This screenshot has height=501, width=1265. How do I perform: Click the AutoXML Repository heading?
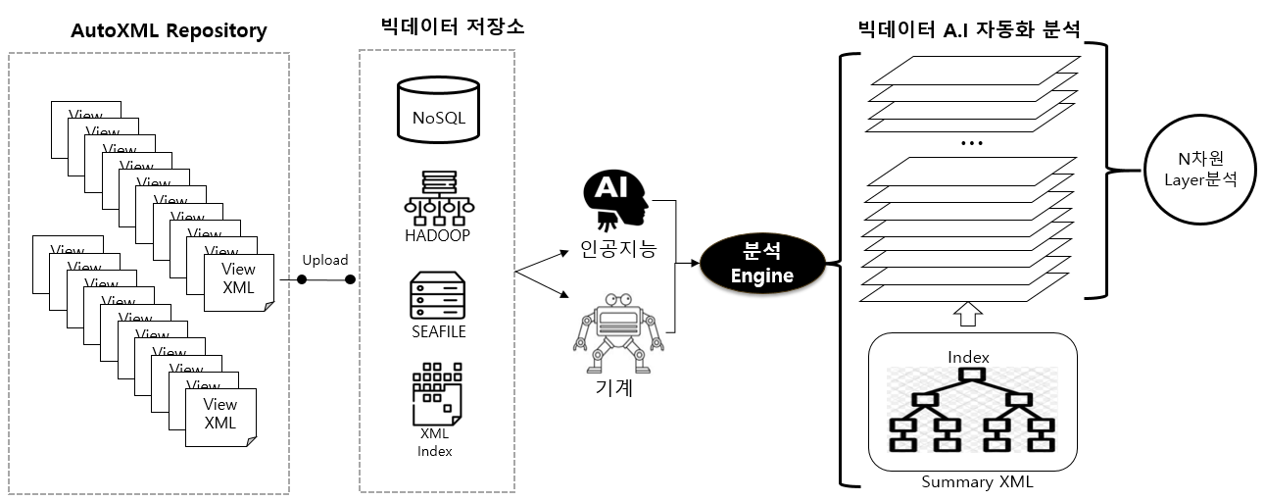(169, 30)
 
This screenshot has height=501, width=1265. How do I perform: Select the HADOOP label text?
(437, 235)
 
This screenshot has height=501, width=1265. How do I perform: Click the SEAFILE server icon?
(438, 294)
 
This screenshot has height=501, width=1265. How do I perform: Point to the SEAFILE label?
(438, 331)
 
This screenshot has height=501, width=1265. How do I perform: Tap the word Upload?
(324, 260)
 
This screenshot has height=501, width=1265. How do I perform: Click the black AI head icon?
(613, 200)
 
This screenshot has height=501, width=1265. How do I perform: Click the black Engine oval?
(761, 264)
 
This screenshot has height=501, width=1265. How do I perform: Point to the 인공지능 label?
(617, 250)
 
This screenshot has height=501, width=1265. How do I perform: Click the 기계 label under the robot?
(614, 388)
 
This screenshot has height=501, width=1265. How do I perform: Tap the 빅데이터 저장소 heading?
(452, 27)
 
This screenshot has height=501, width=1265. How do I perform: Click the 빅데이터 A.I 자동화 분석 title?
(967, 28)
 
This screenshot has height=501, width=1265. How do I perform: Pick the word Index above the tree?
(968, 357)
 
